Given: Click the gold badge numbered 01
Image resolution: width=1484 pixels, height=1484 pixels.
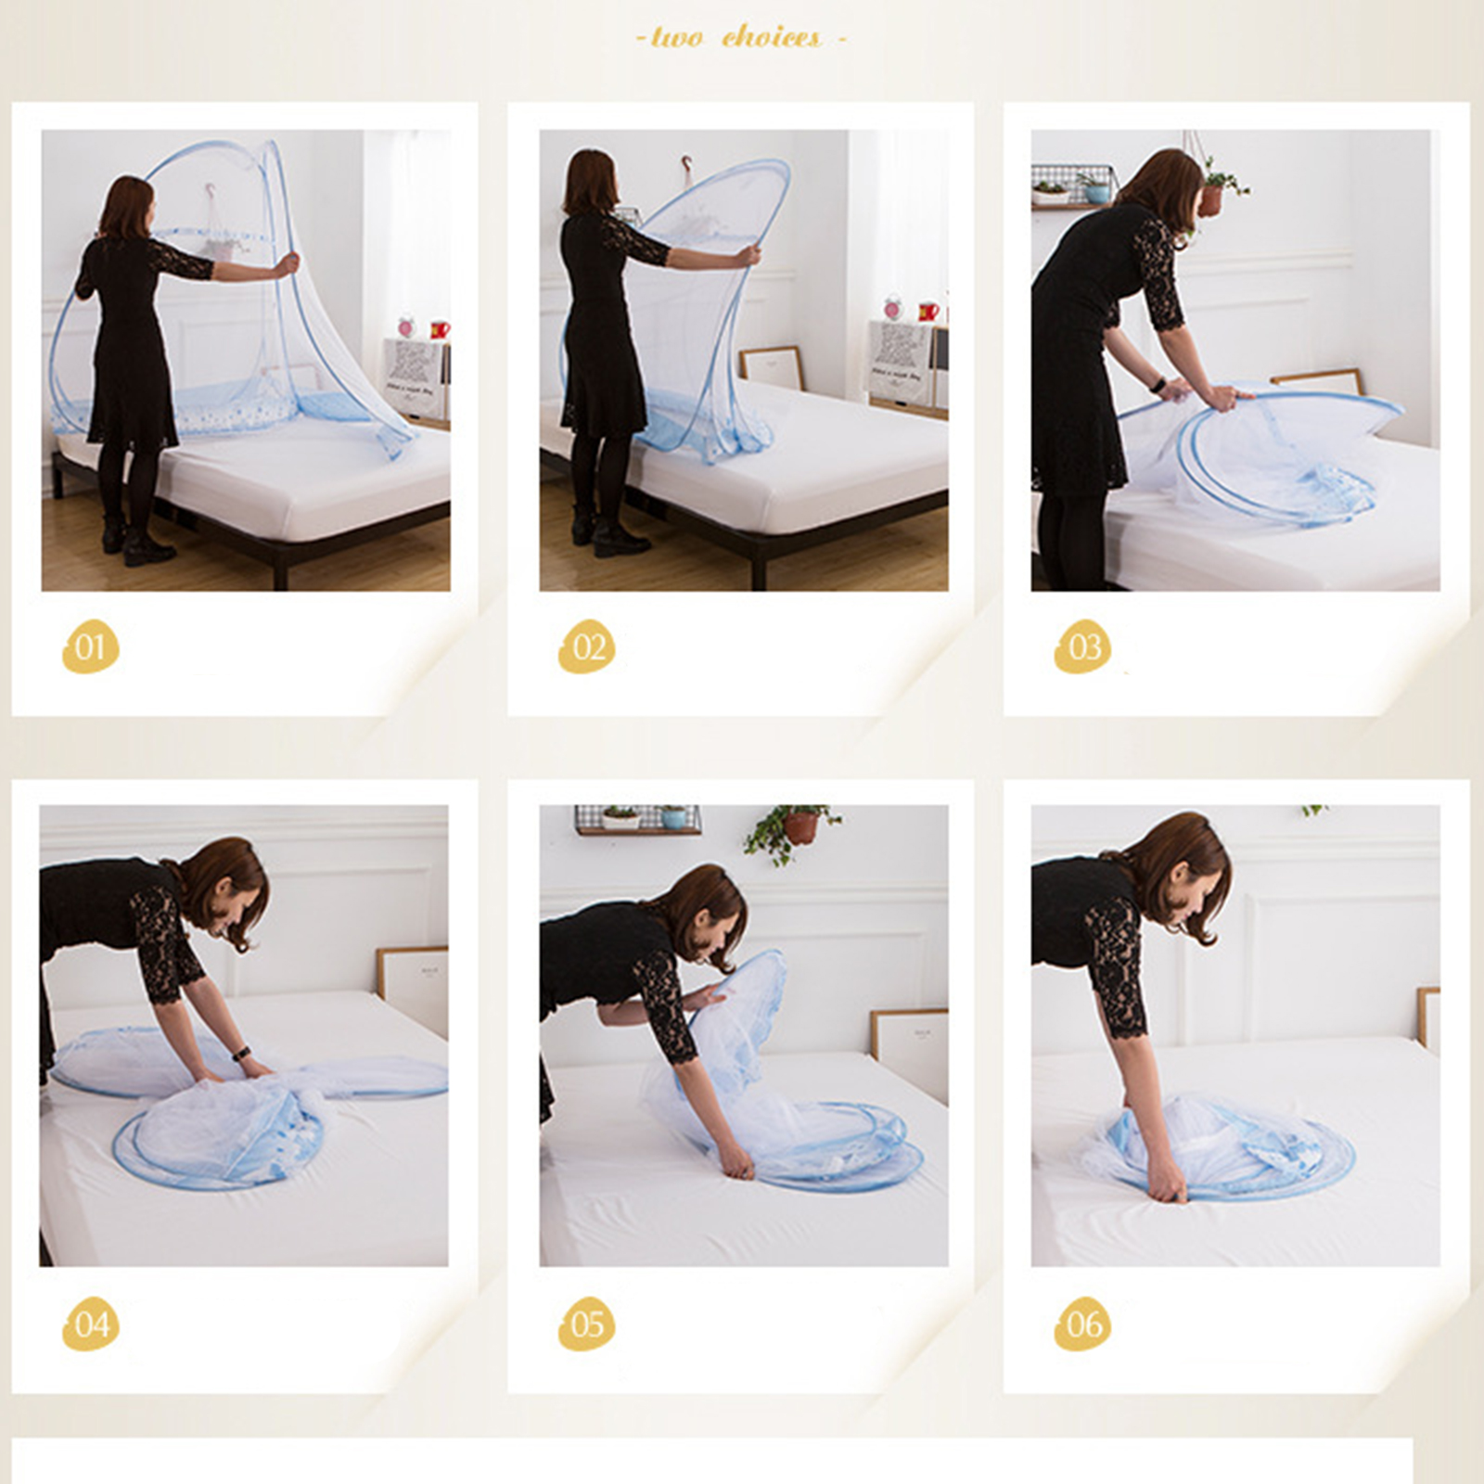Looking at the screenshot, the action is pyautogui.click(x=91, y=646).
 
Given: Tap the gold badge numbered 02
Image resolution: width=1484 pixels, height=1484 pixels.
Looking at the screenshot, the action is pyautogui.click(x=587, y=646).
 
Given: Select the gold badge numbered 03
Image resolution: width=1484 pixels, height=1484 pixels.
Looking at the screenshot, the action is pyautogui.click(x=1083, y=646).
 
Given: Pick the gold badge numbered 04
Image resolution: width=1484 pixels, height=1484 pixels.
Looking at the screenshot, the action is pyautogui.click(x=91, y=1323).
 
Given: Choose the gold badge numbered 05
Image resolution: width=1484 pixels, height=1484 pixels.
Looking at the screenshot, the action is pyautogui.click(x=587, y=1323).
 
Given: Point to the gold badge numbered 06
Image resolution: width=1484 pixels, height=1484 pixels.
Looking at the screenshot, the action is pyautogui.click(x=1083, y=1323).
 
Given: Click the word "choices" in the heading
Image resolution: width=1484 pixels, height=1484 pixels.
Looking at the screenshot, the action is pyautogui.click(x=771, y=37).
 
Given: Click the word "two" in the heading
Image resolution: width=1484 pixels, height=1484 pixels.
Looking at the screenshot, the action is pyautogui.click(x=676, y=37).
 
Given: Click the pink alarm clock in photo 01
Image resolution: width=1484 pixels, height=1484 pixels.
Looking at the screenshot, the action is pyautogui.click(x=405, y=326).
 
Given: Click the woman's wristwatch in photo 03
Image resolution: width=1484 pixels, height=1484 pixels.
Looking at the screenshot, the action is pyautogui.click(x=1159, y=384).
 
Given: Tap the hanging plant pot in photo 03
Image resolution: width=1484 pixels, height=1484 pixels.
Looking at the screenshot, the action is pyautogui.click(x=1211, y=198).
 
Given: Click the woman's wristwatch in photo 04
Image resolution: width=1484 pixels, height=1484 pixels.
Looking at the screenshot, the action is pyautogui.click(x=242, y=1054).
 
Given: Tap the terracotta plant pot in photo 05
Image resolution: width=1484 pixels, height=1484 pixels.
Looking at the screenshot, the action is pyautogui.click(x=800, y=826).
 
